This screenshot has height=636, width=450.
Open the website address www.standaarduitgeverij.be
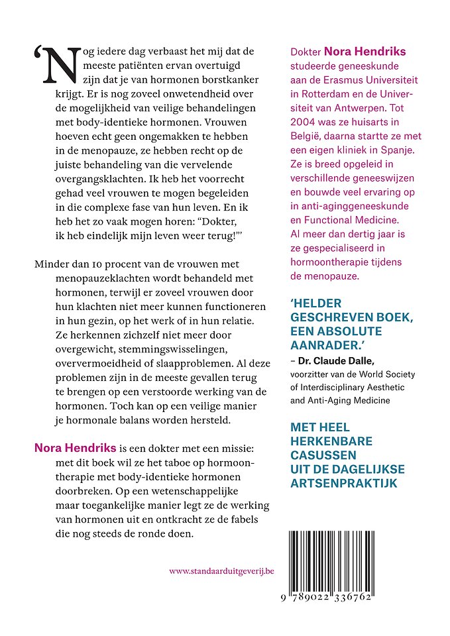tap(221, 570)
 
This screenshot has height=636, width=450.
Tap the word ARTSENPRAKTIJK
tap(345, 484)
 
